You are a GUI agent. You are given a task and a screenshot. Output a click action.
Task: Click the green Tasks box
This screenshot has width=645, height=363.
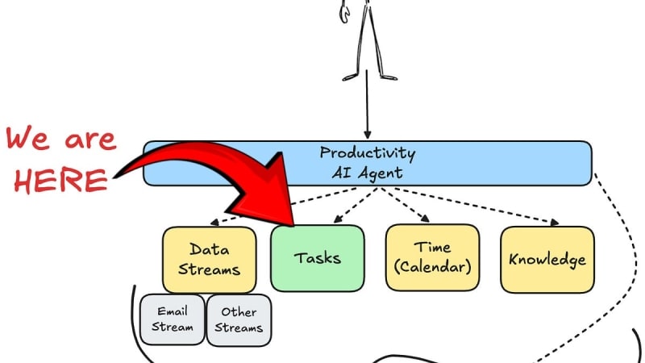pyautogui.click(x=317, y=258)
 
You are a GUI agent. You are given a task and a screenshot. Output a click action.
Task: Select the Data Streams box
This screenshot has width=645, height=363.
pyautogui.click(x=209, y=260)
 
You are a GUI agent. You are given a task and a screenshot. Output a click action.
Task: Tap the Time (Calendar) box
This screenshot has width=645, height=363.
pyautogui.click(x=432, y=257)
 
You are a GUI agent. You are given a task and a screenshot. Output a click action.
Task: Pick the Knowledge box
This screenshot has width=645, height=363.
pyautogui.click(x=547, y=260)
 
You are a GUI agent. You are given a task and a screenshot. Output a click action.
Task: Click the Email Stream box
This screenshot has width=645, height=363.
pyautogui.click(x=172, y=319)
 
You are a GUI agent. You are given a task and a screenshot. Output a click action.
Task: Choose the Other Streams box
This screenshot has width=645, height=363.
pyautogui.click(x=239, y=320)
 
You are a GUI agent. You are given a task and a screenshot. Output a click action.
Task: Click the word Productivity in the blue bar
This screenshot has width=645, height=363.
pyautogui.click(x=368, y=153)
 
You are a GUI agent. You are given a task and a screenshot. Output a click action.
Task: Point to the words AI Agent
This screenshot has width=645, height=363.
pyautogui.click(x=368, y=173)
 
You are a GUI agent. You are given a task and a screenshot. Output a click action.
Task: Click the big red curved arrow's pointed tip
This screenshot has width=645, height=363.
pyautogui.click(x=293, y=226)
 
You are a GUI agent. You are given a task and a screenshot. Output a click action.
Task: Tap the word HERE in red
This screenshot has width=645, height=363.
pyautogui.click(x=61, y=180)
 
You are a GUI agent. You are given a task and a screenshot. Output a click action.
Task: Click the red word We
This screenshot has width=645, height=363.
pyautogui.click(x=28, y=139)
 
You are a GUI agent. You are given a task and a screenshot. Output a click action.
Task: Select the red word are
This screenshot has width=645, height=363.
pyautogui.click(x=90, y=140)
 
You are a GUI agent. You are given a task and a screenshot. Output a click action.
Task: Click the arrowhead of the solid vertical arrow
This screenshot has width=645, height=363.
pyautogui.click(x=368, y=135)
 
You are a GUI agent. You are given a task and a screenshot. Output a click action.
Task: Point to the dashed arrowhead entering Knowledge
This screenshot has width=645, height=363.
pyautogui.click(x=555, y=223)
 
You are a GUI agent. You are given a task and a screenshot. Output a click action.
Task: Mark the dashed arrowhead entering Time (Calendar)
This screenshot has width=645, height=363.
pyautogui.click(x=425, y=219)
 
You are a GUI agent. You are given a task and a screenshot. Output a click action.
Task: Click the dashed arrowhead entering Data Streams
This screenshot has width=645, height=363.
pyautogui.click(x=214, y=223)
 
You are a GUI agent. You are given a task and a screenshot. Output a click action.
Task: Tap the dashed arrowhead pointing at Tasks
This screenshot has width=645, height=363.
pyautogui.click(x=338, y=219)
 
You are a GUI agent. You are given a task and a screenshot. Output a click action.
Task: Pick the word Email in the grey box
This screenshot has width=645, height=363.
pyautogui.click(x=173, y=311)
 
